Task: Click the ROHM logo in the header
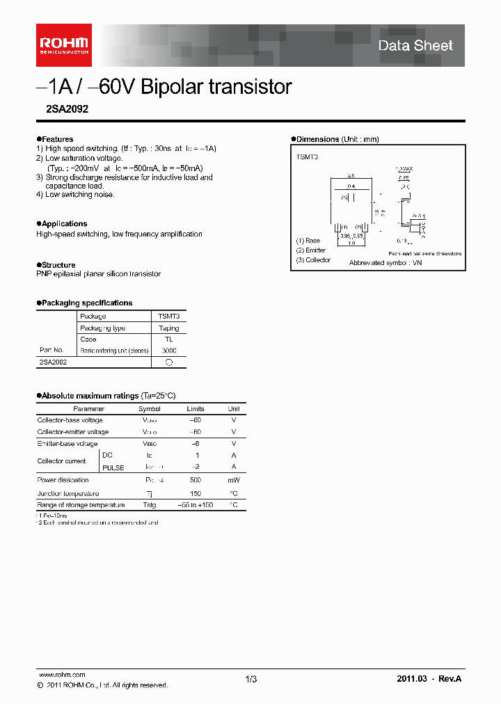tap(63, 45)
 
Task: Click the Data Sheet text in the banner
tap(415, 46)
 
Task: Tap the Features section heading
tap(56, 139)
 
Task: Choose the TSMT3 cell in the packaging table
tap(168, 316)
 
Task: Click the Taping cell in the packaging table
tap(168, 328)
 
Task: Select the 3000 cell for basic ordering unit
tap(168, 351)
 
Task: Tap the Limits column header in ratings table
tap(196, 409)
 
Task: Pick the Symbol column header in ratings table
tap(150, 409)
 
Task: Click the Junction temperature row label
tap(68, 493)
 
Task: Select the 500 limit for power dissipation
tap(196, 480)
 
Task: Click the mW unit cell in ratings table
tap(234, 480)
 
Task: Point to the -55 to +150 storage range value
tap(196, 505)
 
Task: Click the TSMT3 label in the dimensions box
tap(306, 157)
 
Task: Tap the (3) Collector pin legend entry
tap(314, 260)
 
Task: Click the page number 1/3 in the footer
tap(250, 679)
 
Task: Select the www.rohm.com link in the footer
tap(61, 675)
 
